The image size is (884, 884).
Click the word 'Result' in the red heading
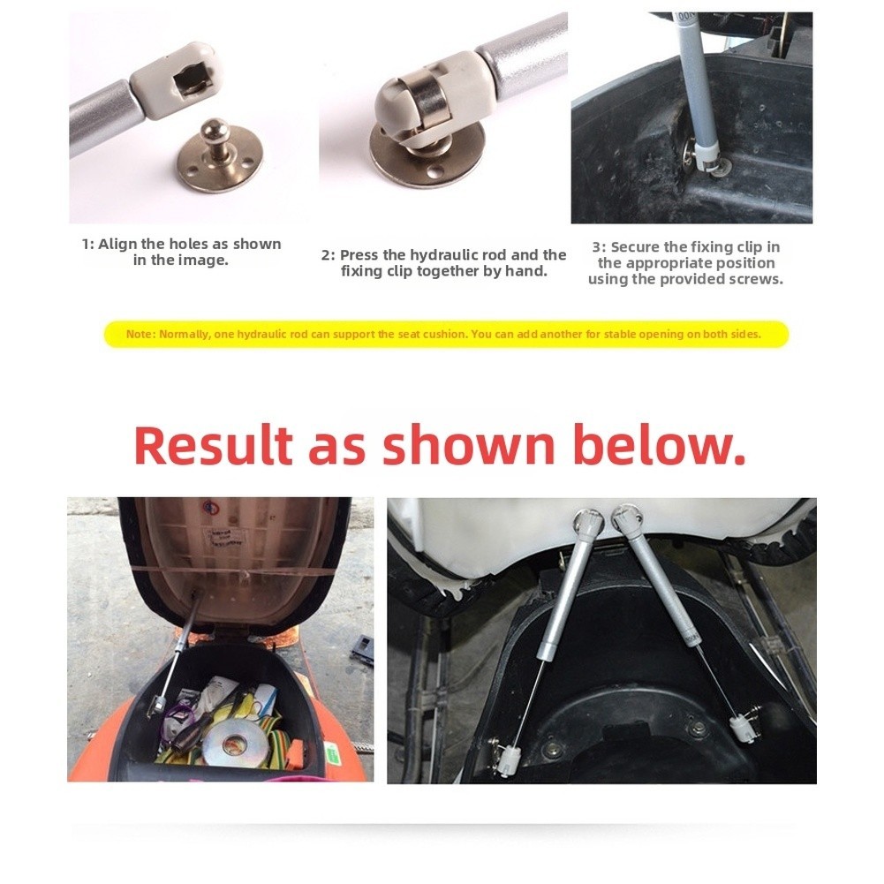pos(213,445)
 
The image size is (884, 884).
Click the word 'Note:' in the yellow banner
pos(140,335)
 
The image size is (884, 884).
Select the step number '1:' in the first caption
pos(88,245)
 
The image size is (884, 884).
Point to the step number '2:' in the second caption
pos(329,255)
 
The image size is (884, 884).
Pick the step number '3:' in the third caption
pos(599,247)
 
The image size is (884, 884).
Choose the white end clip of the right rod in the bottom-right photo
pos(740,728)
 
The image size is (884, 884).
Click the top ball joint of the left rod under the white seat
pos(588,523)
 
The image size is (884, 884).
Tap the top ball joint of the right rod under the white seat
pos(626,518)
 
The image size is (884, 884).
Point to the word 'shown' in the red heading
pos(469,445)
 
